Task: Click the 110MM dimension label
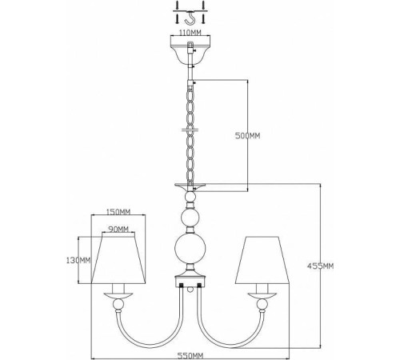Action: click(190, 33)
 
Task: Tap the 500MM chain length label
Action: click(247, 136)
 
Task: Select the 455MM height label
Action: click(320, 266)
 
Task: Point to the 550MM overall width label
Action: click(190, 355)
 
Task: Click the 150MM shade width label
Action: click(118, 212)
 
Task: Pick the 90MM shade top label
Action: click(118, 229)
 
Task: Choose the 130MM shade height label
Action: click(78, 260)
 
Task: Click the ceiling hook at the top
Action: click(190, 17)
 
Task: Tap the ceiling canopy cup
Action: click(190, 51)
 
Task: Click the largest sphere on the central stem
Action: click(190, 249)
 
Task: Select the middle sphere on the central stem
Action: click(190, 218)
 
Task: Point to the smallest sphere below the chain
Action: click(190, 197)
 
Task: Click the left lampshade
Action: click(118, 259)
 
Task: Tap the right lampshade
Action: click(262, 259)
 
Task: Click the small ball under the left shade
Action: click(118, 304)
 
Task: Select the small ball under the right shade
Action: click(262, 304)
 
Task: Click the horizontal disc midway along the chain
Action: click(190, 130)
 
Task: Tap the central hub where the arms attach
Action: click(190, 281)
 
